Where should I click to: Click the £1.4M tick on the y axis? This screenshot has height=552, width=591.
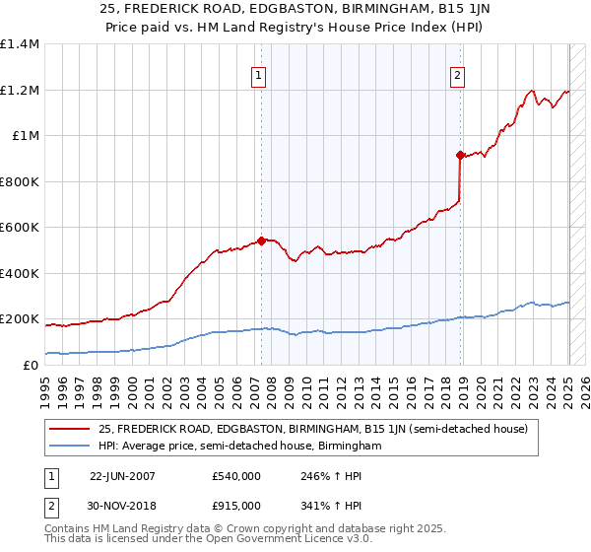(20, 44)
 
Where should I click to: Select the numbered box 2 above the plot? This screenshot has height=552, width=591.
(458, 74)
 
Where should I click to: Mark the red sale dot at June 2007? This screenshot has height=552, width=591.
(261, 240)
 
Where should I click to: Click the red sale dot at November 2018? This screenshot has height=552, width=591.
(460, 155)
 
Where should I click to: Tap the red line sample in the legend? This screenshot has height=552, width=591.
(70, 429)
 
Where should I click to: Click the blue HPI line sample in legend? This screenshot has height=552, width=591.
(70, 446)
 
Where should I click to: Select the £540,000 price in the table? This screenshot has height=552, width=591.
(235, 476)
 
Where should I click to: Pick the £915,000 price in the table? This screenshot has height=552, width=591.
(235, 505)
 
